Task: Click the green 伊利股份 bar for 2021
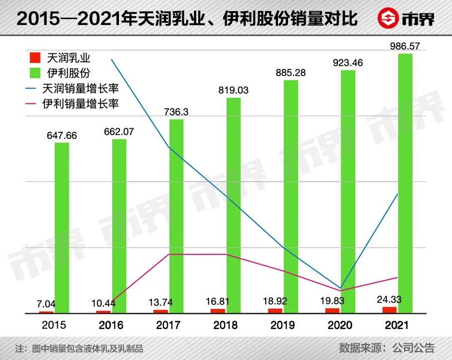pos(405,183)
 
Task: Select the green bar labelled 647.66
pos(62,228)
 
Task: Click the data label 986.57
pos(405,46)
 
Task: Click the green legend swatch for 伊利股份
pos(35,73)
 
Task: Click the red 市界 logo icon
pos(388,18)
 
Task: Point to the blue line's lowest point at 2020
pos(340,288)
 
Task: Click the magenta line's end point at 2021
pos(397,277)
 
